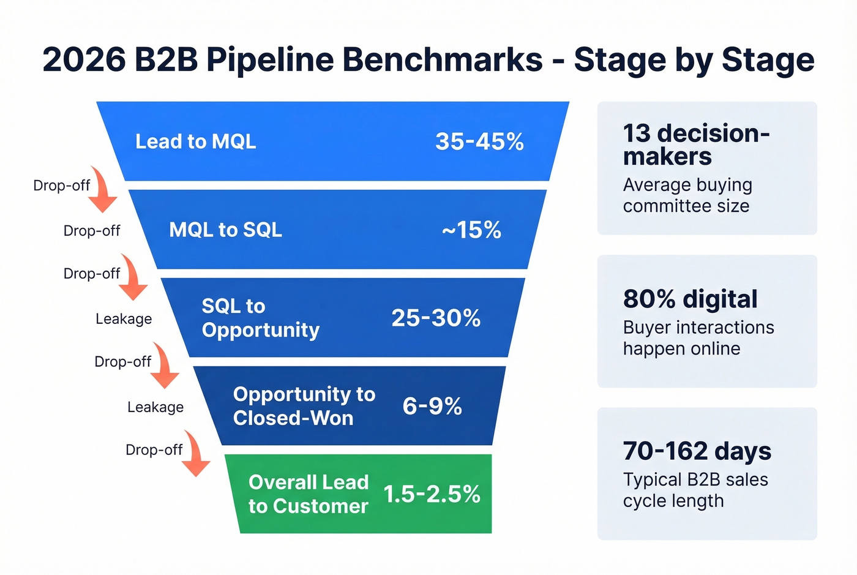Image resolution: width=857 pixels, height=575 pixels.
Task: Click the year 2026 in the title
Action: click(x=83, y=60)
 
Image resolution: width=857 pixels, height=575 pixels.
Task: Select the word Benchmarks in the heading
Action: click(x=436, y=60)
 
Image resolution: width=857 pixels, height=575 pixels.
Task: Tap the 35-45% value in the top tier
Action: click(x=479, y=142)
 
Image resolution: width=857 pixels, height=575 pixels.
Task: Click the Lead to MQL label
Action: click(x=195, y=142)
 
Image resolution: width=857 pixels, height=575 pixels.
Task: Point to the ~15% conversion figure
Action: click(x=471, y=230)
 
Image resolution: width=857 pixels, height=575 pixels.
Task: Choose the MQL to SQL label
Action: click(x=225, y=230)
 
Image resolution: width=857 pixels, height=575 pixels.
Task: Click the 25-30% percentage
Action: click(x=436, y=318)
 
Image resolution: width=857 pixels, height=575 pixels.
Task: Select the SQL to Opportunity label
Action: click(x=260, y=318)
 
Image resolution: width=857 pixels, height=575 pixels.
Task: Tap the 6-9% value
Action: click(x=432, y=406)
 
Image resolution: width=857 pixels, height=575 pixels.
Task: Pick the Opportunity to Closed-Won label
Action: click(x=304, y=406)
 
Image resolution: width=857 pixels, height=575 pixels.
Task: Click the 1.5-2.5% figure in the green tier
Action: click(x=432, y=494)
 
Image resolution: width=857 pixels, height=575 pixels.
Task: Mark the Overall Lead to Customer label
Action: click(x=309, y=494)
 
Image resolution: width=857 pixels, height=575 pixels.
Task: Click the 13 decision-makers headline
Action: click(x=695, y=145)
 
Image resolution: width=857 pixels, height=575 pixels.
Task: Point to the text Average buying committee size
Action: click(x=687, y=195)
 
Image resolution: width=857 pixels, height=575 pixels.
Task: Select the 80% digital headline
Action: click(x=690, y=299)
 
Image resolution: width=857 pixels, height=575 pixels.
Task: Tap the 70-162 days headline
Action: click(x=697, y=451)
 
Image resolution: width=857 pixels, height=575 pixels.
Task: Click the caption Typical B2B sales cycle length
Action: click(x=695, y=490)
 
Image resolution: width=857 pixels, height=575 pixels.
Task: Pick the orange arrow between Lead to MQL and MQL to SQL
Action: click(x=103, y=190)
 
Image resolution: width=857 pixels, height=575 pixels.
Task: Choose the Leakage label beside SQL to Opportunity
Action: click(x=124, y=319)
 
